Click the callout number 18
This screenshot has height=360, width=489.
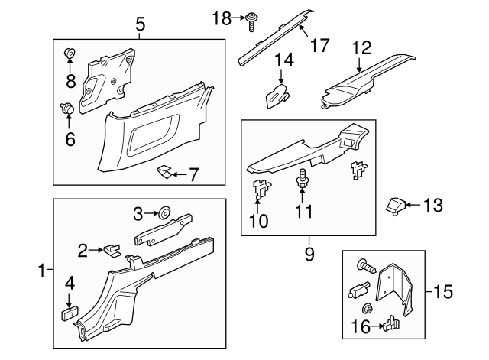pos(221,18)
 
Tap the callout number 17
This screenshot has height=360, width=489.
pos(320,45)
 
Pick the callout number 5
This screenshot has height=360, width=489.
pos(141,25)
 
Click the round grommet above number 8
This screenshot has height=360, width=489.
pos(70,54)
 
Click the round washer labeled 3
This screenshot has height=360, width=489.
pos(163,213)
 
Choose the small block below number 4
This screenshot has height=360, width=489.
pos(68,313)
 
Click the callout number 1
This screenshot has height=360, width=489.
pos(42,270)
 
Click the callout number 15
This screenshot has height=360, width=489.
pos(443,291)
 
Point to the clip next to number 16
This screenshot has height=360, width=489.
pos(390,325)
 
